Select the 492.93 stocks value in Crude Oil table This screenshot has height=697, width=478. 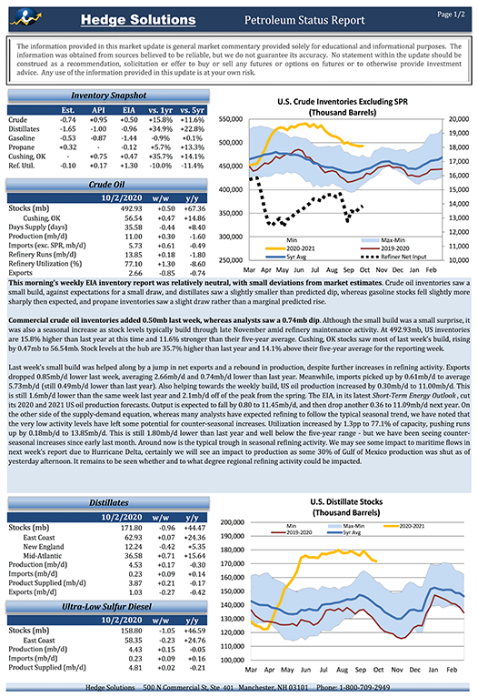click(131, 208)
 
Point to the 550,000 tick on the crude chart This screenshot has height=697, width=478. click(227, 120)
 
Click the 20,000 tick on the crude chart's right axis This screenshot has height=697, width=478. click(458, 120)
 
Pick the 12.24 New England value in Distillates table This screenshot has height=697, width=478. click(131, 546)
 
